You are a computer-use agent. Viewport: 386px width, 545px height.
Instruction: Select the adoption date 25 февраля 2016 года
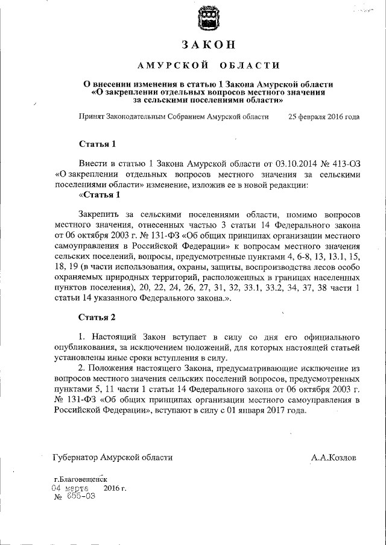point(324,117)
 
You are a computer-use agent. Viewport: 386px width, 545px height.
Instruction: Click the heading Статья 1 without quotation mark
point(96,144)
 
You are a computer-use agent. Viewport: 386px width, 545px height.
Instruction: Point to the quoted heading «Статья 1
point(100,195)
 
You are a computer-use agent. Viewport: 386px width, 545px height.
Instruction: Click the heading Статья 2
point(96,316)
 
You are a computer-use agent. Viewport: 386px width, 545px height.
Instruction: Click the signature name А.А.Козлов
point(334,458)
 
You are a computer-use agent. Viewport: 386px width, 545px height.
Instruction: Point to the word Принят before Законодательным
point(91,117)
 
